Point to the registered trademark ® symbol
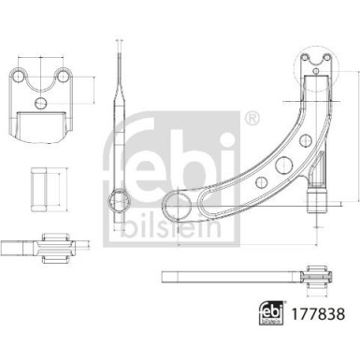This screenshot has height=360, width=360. tap(251, 119)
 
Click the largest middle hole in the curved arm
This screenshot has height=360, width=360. tap(265, 174)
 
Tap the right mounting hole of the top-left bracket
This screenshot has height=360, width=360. tap(65, 76)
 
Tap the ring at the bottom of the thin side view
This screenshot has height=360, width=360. tap(121, 198)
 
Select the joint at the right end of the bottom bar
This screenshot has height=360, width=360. tap(314, 276)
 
